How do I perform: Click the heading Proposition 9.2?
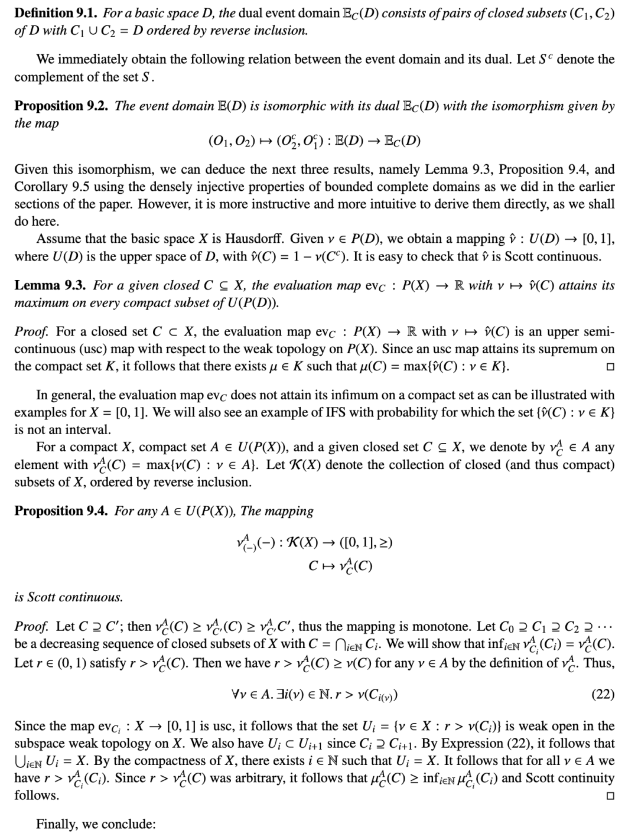tap(61, 106)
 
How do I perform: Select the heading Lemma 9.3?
tap(50, 285)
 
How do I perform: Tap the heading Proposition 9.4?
tap(61, 510)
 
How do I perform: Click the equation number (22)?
tap(603, 694)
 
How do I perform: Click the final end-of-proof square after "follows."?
tap(610, 795)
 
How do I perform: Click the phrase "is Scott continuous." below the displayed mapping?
tap(69, 597)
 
